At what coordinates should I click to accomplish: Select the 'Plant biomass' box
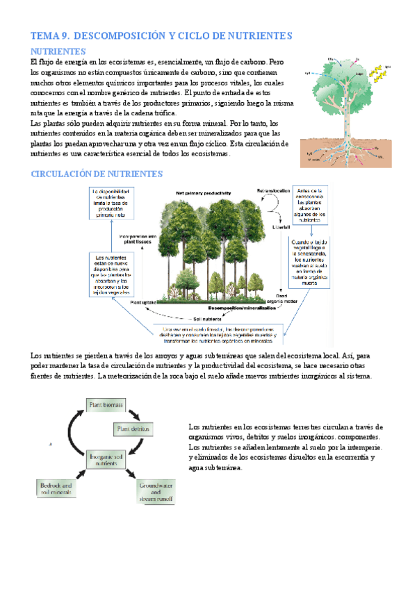click(x=104, y=404)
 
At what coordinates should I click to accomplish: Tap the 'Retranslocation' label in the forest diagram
click(x=276, y=190)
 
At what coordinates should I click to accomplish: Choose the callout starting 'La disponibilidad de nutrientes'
click(x=113, y=203)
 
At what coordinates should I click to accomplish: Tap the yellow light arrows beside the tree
click(x=380, y=72)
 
